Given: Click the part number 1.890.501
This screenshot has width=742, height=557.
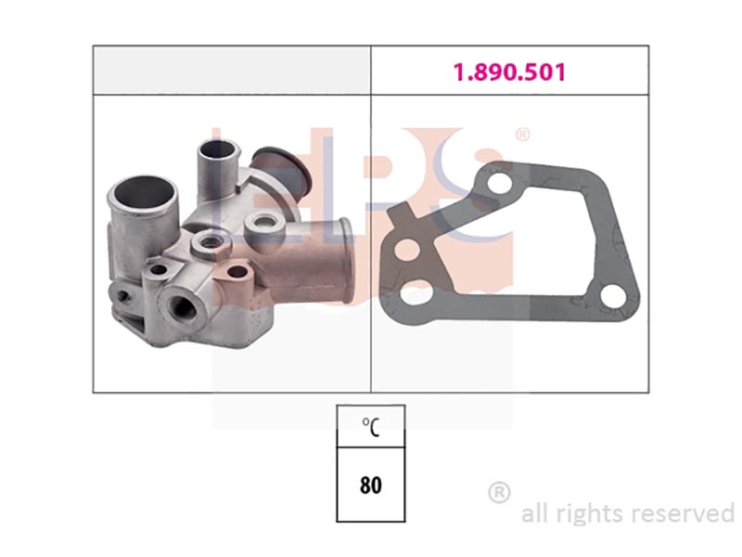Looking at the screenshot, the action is pyautogui.click(x=509, y=72).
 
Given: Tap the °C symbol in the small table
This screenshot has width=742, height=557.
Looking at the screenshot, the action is pyautogui.click(x=370, y=427).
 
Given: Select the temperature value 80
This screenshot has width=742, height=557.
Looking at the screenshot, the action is pyautogui.click(x=370, y=485).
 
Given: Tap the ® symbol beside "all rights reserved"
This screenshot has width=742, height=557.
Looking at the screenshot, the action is pyautogui.click(x=499, y=493).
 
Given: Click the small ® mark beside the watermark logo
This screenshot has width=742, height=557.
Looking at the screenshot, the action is pyautogui.click(x=521, y=135).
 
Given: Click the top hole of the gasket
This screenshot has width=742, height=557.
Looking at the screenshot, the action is pyautogui.click(x=499, y=183).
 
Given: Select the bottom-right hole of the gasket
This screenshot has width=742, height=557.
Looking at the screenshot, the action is pyautogui.click(x=614, y=296).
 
